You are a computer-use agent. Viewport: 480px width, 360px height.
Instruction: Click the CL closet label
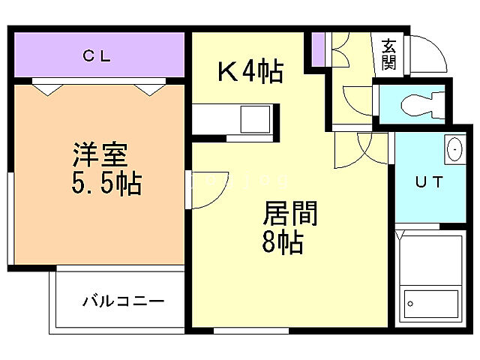click(97, 55)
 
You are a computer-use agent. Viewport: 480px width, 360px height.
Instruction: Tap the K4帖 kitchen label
click(250, 73)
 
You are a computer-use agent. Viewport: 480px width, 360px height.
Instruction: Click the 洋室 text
click(100, 156)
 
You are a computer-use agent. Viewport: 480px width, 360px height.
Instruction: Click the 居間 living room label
click(289, 214)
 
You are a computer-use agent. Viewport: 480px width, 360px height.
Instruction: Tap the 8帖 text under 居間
click(283, 242)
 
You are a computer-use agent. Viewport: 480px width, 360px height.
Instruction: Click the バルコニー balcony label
click(123, 301)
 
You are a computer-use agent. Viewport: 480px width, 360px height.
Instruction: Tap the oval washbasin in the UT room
click(454, 149)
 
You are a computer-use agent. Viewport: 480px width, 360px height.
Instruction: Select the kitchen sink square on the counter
click(255, 118)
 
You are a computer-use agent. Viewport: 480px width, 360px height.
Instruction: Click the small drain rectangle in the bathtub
click(410, 304)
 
